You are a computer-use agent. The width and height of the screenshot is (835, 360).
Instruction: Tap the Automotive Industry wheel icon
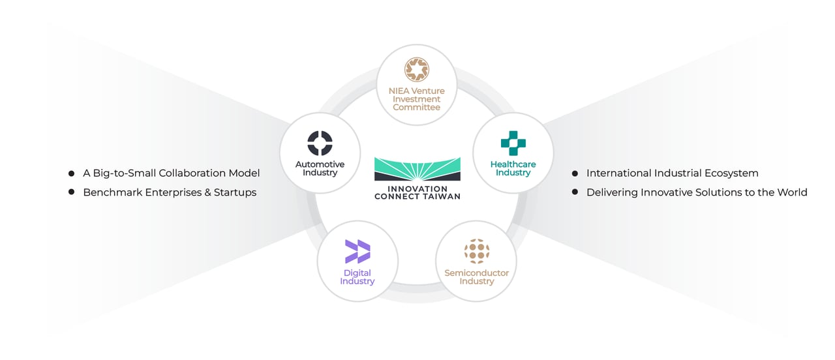320,143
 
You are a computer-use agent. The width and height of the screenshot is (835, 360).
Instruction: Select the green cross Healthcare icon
513,143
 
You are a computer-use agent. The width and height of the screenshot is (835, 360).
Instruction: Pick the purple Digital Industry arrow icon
357,252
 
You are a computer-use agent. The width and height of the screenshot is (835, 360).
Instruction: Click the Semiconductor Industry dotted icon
476,251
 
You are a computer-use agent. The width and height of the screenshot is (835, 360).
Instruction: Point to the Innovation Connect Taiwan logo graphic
417,169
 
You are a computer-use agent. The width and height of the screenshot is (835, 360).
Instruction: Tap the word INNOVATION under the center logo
417,188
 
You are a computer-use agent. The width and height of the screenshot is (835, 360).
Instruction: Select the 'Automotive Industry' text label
320,168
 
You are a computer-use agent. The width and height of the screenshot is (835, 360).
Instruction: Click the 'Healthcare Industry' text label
513,168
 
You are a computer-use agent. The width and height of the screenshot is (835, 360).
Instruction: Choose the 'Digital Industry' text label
357,277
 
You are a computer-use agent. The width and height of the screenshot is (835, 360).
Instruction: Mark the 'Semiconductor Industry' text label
476,277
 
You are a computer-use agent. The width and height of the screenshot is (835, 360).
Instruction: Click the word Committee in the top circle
416,107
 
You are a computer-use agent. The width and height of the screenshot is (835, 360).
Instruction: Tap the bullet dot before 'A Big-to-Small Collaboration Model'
71,173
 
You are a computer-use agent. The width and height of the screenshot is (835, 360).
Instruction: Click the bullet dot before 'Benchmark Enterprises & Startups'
71,192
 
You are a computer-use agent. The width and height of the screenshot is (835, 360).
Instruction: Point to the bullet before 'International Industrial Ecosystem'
575,173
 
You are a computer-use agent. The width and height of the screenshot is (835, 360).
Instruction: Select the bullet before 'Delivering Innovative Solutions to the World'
575,192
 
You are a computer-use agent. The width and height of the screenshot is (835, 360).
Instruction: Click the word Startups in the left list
235,192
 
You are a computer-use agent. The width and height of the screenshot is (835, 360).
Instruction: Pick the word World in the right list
792,192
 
